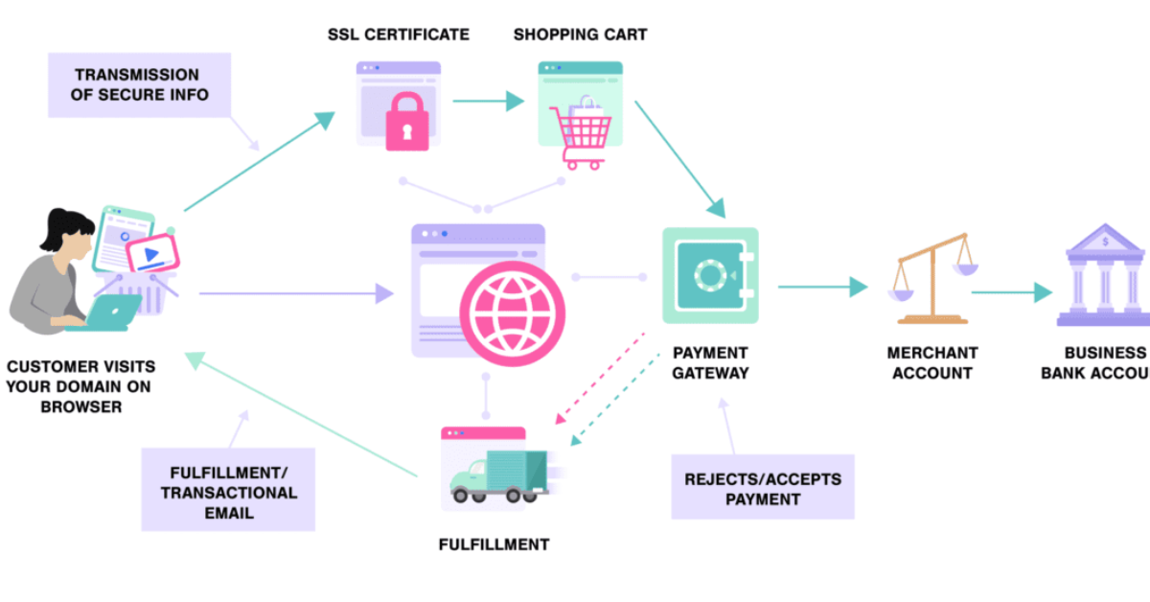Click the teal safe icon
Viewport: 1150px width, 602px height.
pyautogui.click(x=710, y=276)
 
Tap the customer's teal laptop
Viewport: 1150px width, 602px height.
pyautogui.click(x=114, y=313)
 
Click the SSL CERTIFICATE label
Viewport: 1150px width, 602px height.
pyautogui.click(x=398, y=35)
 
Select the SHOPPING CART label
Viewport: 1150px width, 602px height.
pyautogui.click(x=580, y=35)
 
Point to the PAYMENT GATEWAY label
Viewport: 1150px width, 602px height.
pyautogui.click(x=710, y=362)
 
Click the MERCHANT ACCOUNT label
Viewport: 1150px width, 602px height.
pyautogui.click(x=931, y=362)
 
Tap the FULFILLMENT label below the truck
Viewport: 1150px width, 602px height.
pyautogui.click(x=494, y=544)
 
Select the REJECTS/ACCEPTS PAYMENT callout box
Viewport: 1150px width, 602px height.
pyautogui.click(x=763, y=489)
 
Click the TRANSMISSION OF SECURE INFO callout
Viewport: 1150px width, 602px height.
pyautogui.click(x=137, y=84)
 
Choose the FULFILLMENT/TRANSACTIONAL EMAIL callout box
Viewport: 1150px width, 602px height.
pyautogui.click(x=228, y=492)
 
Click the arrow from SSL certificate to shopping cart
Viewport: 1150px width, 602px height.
pyautogui.click(x=488, y=100)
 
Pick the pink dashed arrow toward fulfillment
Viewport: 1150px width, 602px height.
pyautogui.click(x=598, y=380)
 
